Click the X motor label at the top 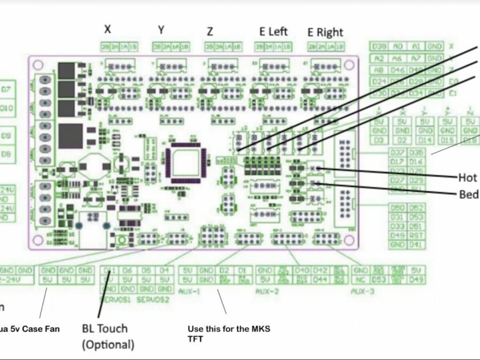point(108,29)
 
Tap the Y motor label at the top point(161,30)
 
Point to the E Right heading point(325,32)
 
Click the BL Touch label point(105,329)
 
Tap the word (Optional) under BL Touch point(108,344)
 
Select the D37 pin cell point(398,153)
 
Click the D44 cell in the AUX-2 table point(321,279)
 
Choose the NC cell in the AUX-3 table point(360,279)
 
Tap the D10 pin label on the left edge point(7,109)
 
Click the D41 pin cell point(416,245)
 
